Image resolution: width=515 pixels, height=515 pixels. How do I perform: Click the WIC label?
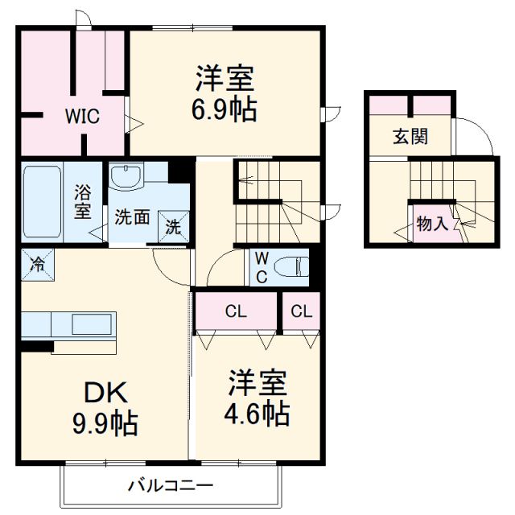82,117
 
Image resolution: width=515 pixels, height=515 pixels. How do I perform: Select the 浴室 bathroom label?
83,202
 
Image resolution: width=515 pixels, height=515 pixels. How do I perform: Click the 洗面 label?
130,217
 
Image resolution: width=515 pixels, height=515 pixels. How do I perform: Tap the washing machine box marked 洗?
174,226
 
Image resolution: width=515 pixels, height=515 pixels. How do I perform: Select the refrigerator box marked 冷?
36,263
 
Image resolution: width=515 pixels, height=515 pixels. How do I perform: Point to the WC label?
262,266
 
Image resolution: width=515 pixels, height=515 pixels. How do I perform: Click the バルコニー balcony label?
170,486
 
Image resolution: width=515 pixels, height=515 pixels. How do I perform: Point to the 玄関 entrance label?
410,137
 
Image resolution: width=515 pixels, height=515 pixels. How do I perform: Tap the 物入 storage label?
433,224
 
